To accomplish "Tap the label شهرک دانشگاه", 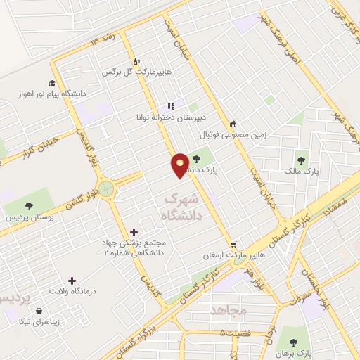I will pos(183,207).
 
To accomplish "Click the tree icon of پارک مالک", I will pos(302,160).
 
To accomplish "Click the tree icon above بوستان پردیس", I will pos(29,205).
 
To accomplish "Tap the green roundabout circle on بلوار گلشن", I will pos(106,188).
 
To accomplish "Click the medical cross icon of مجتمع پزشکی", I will pos(134,231).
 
